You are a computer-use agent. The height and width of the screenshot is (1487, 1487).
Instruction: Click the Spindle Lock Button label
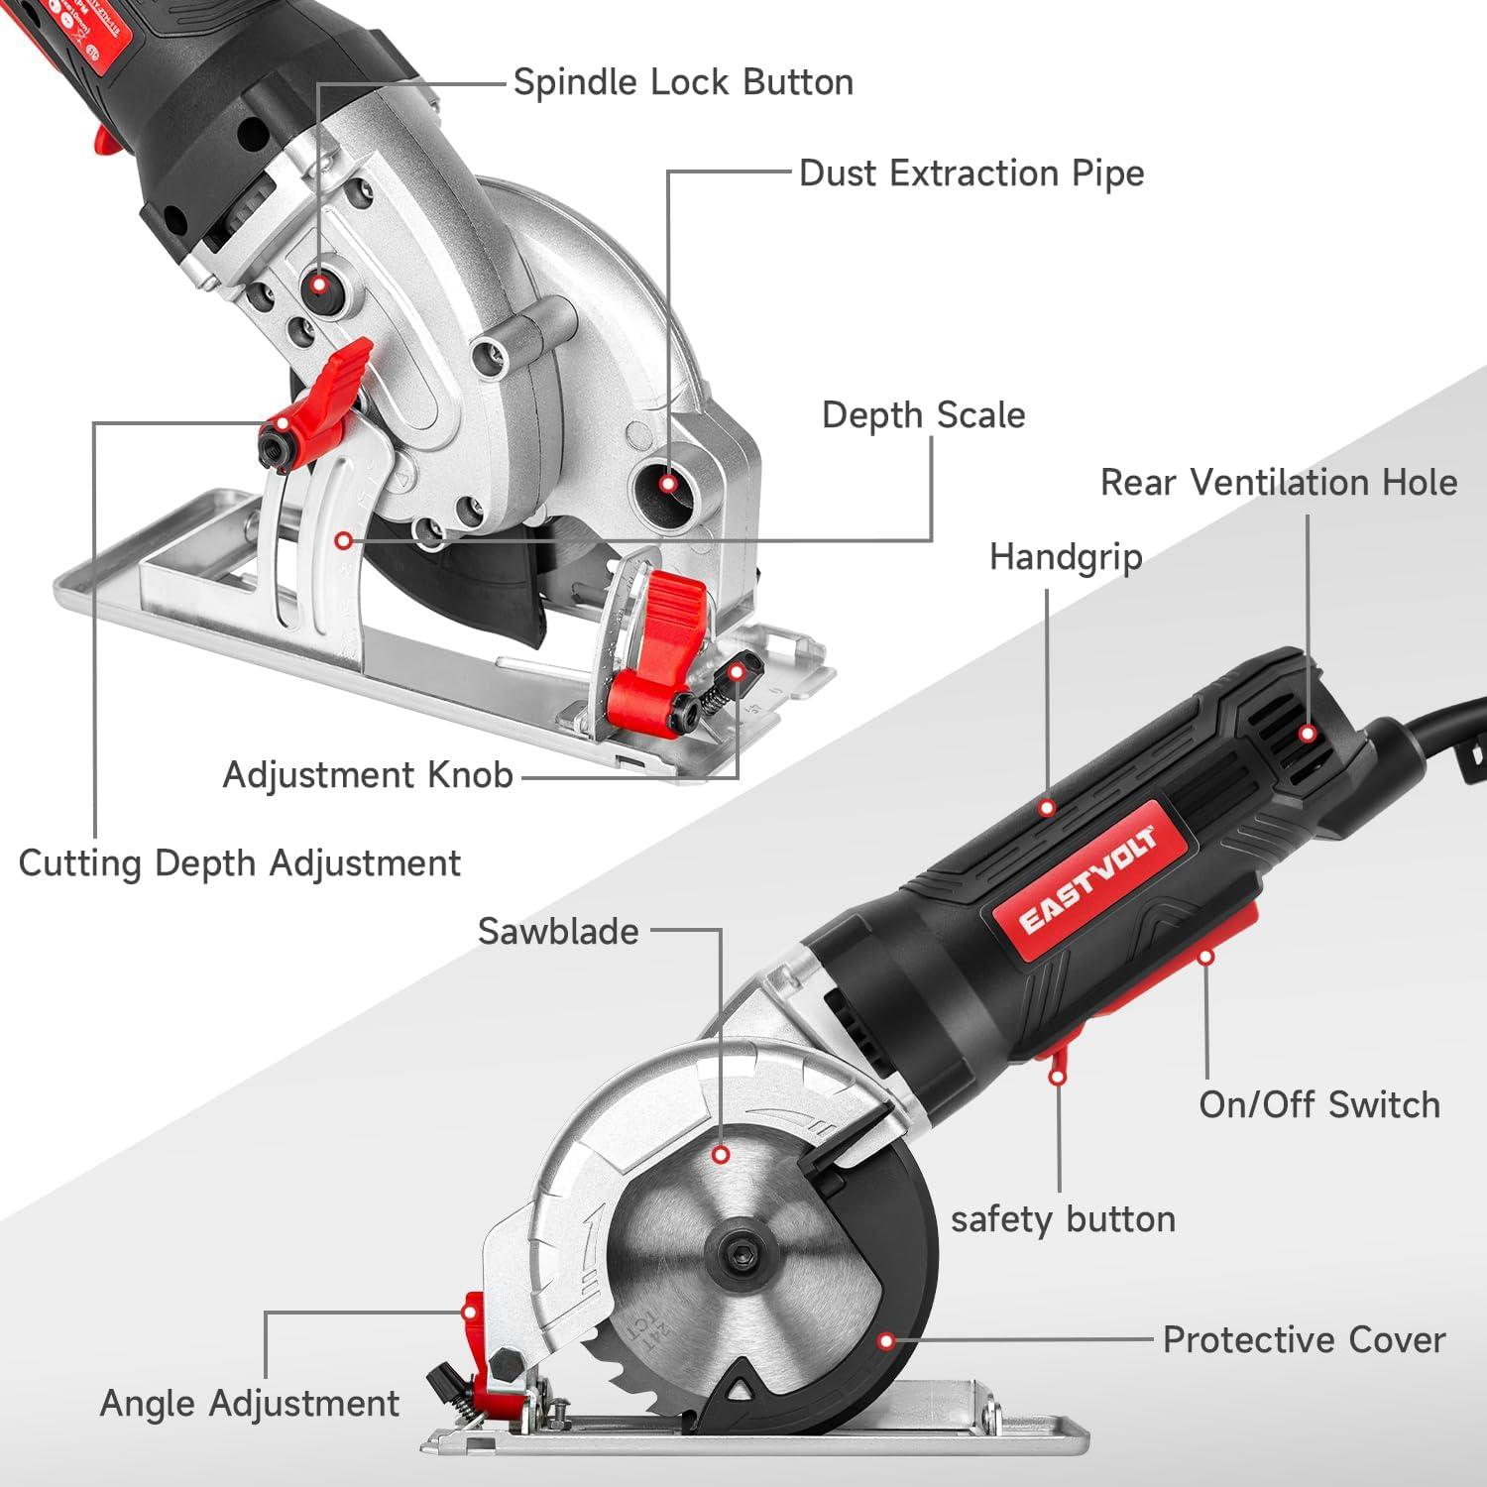pyautogui.click(x=683, y=82)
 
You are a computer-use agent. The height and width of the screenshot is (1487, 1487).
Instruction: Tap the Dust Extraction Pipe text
pyautogui.click(x=972, y=173)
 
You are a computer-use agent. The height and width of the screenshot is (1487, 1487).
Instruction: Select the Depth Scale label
pyautogui.click(x=923, y=415)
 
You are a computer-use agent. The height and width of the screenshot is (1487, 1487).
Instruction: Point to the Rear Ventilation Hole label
pyautogui.click(x=1278, y=483)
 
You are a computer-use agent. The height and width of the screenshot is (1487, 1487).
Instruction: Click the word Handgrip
pyautogui.click(x=1066, y=557)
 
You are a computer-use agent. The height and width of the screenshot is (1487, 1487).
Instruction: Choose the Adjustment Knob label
pyautogui.click(x=368, y=774)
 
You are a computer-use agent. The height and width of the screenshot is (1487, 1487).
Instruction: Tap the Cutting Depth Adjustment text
pyautogui.click(x=240, y=863)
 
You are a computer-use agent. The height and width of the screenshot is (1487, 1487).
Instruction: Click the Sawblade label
pyautogui.click(x=558, y=932)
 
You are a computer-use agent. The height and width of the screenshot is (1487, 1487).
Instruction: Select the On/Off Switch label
pyautogui.click(x=1318, y=1104)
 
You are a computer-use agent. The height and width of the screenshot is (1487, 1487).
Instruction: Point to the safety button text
pyautogui.click(x=1063, y=1219)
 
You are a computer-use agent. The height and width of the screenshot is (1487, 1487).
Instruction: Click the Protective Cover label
pyautogui.click(x=1304, y=1340)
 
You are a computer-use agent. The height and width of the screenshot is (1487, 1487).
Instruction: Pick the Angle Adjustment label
pyautogui.click(x=250, y=1404)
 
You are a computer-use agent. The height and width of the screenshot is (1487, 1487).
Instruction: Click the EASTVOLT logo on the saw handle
pyautogui.click(x=1087, y=879)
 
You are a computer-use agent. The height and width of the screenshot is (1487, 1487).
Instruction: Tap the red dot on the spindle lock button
pyautogui.click(x=317, y=285)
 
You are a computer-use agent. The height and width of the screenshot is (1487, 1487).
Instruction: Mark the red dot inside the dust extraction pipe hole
pyautogui.click(x=668, y=484)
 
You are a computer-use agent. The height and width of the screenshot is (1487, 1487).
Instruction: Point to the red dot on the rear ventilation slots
pyautogui.click(x=1308, y=734)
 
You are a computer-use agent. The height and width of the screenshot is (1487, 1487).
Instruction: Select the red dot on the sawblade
pyautogui.click(x=722, y=1155)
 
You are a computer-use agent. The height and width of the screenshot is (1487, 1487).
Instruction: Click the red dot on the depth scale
pyautogui.click(x=343, y=540)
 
